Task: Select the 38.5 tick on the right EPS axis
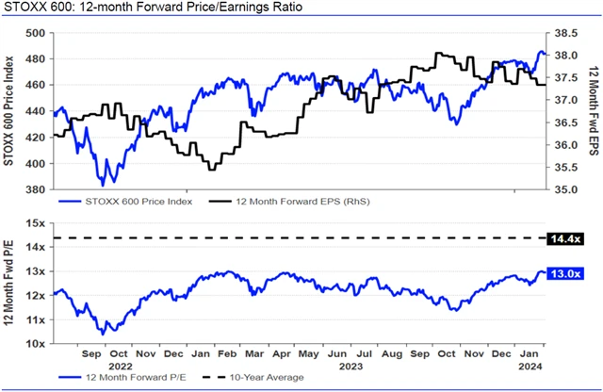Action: point(566,32)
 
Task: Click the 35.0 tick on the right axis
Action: point(566,189)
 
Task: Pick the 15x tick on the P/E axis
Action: point(39,223)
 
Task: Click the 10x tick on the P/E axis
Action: point(39,344)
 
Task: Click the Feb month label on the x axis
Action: point(227,355)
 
